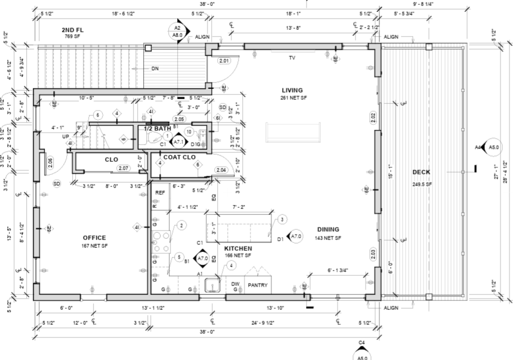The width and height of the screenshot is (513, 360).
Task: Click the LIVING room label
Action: tap(292, 90)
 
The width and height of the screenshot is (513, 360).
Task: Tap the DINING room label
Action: tap(328, 229)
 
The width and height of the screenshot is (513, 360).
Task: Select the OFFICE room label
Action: tap(94, 238)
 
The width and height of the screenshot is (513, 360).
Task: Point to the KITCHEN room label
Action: tap(238, 248)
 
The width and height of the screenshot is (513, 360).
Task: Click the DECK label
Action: tap(421, 173)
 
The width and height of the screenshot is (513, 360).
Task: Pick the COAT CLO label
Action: tap(180, 158)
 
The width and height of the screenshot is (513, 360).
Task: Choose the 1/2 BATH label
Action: tap(157, 128)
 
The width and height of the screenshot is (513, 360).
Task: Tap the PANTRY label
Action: tap(257, 285)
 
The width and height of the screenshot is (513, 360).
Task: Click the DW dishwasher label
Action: tap(236, 284)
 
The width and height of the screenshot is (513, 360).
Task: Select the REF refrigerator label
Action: tap(160, 193)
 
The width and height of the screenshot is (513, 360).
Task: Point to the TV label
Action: tap(292, 58)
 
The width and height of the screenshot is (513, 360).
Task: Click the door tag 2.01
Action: tap(224, 61)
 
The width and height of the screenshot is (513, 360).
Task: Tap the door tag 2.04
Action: tap(221, 170)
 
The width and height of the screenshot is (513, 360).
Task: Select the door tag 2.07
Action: tap(123, 168)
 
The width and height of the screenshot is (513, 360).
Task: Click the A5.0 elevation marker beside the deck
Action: tap(493, 147)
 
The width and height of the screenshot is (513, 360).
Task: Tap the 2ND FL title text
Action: tap(72, 29)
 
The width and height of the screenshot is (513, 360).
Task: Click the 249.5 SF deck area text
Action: tap(421, 184)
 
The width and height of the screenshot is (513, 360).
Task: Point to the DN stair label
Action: tap(155, 69)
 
